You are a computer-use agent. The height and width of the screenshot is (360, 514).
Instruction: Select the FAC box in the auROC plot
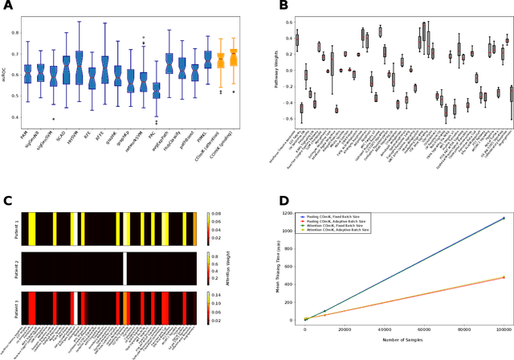coord(157,90)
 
